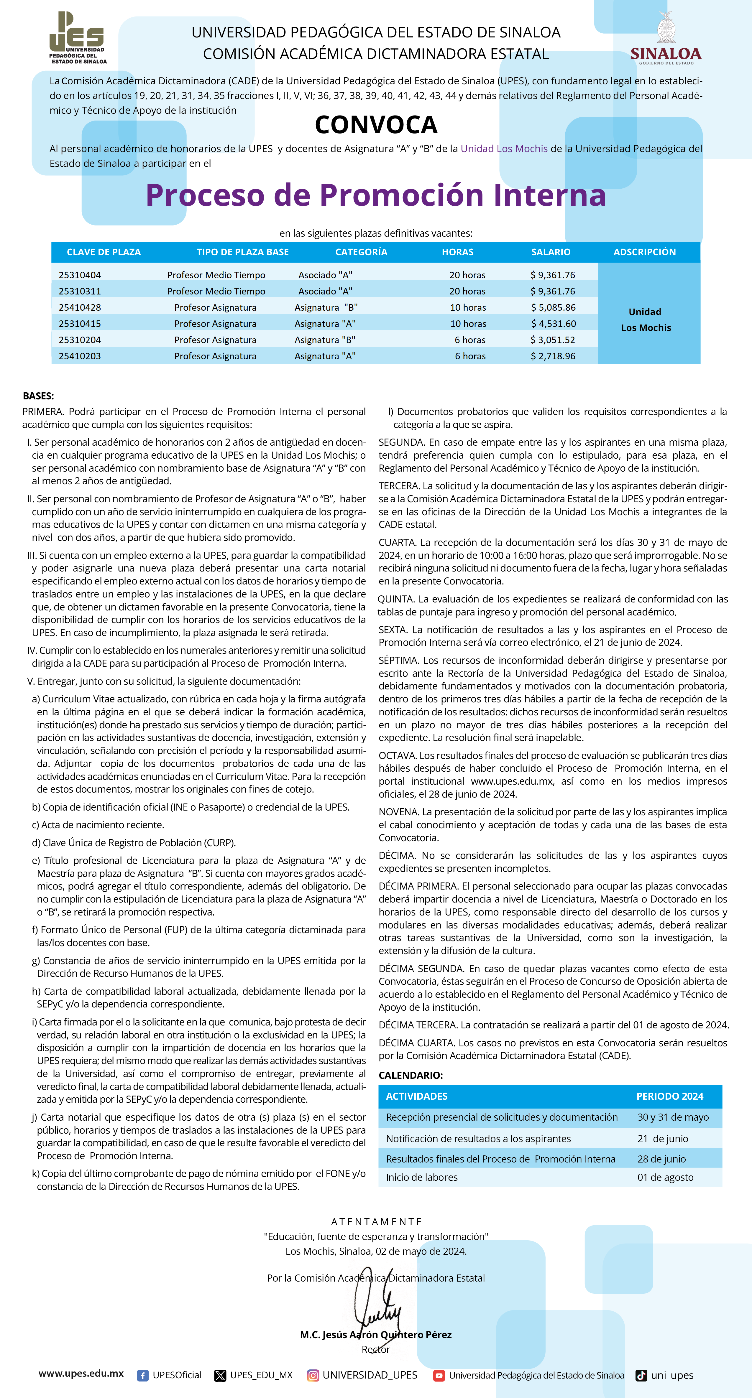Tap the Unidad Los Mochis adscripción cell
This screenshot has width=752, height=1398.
(646, 320)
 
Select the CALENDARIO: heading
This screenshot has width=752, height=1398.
(411, 1075)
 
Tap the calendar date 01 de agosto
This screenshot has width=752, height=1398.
(665, 1177)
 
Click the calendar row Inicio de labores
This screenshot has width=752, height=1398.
(422, 1177)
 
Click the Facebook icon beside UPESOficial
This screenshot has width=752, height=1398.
(143, 1375)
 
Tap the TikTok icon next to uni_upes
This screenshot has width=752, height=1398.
(641, 1375)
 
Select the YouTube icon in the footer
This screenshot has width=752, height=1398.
(439, 1375)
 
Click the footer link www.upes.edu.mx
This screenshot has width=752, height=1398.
(81, 1374)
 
